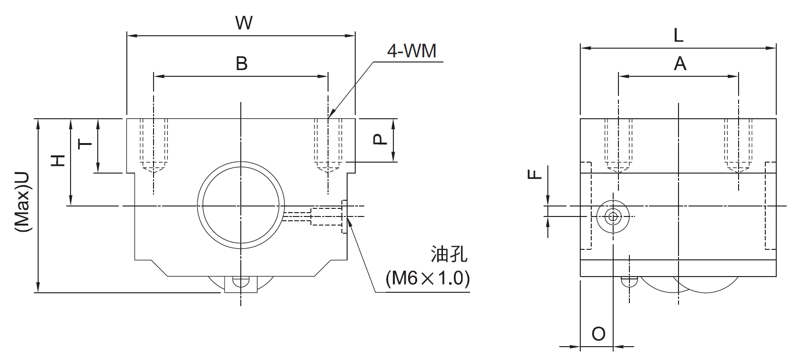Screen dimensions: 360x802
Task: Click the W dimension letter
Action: tap(244, 23)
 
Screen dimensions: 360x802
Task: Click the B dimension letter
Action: tap(242, 63)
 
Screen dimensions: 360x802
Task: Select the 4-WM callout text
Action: tap(411, 51)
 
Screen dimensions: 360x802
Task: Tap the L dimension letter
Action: tap(678, 36)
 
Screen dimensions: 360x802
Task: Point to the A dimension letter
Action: tap(680, 63)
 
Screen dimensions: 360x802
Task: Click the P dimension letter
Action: tap(378, 139)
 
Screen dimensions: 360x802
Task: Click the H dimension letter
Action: tap(58, 160)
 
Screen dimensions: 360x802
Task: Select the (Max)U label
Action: tap(23, 202)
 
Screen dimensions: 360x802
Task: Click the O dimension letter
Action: tap(598, 334)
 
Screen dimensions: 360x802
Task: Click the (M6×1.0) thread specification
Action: tap(427, 278)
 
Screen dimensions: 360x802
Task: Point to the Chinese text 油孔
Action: tap(448, 255)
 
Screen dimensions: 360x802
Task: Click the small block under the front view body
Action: tap(241, 284)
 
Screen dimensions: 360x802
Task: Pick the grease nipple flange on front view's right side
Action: tap(344, 216)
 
